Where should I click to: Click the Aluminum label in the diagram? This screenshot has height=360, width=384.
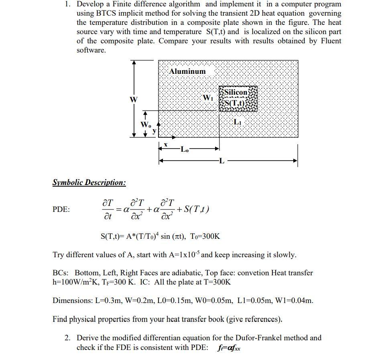tap(187, 71)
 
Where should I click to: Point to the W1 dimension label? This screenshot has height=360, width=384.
tap(208, 98)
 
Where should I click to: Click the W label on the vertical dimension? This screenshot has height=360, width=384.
tap(130, 99)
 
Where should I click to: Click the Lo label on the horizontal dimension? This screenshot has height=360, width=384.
tap(185, 150)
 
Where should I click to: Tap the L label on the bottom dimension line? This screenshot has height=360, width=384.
tap(222, 161)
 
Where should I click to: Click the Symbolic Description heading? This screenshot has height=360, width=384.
tap(89, 183)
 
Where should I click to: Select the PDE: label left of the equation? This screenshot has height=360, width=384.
tap(61, 209)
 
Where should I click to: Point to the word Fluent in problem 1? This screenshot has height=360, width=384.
tap(331, 41)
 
